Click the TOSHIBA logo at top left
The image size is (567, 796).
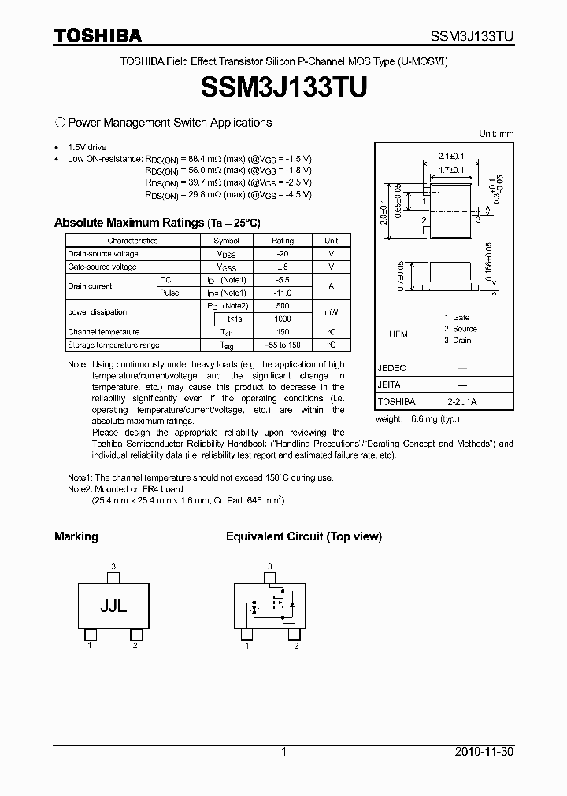(x=98, y=35)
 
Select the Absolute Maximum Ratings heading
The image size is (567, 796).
(x=157, y=223)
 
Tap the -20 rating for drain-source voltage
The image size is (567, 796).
(x=282, y=254)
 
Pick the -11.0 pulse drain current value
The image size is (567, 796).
(x=282, y=293)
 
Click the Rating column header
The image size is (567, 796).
(x=282, y=241)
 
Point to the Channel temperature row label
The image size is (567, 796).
(x=104, y=332)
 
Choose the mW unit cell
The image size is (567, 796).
(x=332, y=312)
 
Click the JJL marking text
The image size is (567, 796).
(x=113, y=606)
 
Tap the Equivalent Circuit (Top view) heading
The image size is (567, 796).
(x=303, y=536)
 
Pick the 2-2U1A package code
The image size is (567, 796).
(x=462, y=401)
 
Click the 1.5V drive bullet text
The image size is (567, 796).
(x=87, y=147)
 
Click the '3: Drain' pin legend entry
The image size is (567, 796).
(x=457, y=341)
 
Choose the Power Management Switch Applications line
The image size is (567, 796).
(x=169, y=123)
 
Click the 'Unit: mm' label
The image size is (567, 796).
(x=495, y=134)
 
